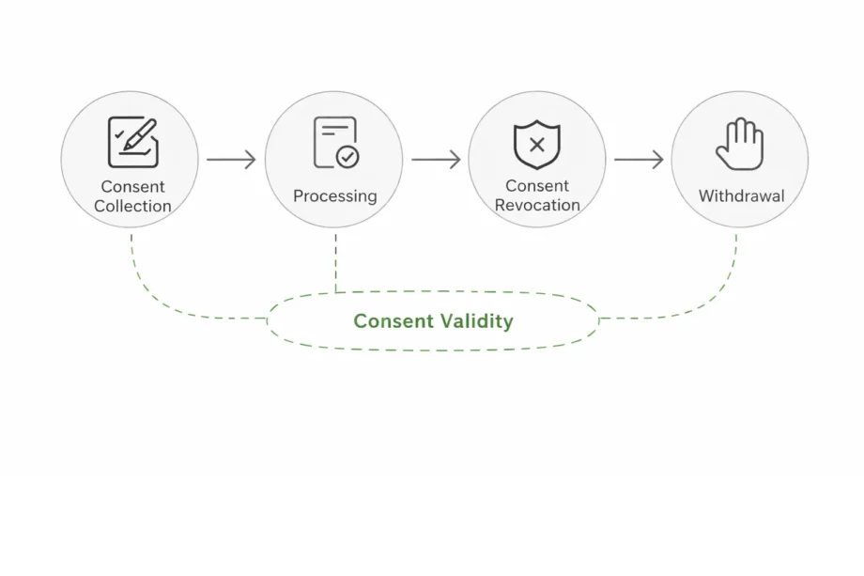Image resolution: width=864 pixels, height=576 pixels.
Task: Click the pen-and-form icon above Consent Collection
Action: click(x=132, y=142)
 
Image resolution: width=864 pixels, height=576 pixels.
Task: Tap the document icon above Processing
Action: click(x=335, y=143)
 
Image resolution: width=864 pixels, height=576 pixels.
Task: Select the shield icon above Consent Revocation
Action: click(x=537, y=145)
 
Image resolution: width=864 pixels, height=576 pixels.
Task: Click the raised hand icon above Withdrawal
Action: click(x=740, y=144)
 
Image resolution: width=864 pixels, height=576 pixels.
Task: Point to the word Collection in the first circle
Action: click(x=132, y=206)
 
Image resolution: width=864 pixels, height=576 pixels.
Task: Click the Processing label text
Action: click(x=334, y=196)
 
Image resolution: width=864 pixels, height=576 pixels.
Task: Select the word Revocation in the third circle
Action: click(x=537, y=205)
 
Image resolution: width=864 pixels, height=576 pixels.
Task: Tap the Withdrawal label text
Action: click(x=741, y=196)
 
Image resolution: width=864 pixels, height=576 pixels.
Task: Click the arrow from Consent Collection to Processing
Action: click(x=231, y=160)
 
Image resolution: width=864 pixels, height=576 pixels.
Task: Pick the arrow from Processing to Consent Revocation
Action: click(x=436, y=160)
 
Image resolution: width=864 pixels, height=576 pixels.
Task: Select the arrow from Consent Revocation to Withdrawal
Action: click(x=639, y=160)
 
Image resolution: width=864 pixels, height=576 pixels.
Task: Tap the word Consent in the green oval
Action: click(x=393, y=321)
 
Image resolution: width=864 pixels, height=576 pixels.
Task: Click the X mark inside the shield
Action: click(x=537, y=145)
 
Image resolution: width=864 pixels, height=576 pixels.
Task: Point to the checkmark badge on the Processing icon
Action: click(x=347, y=157)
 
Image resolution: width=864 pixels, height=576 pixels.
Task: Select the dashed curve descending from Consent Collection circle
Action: click(x=150, y=291)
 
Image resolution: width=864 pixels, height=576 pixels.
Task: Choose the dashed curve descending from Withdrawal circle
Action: click(x=718, y=291)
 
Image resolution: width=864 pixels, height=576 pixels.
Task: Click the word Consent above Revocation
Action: click(x=537, y=186)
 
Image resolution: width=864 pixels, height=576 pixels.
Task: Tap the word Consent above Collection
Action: click(x=132, y=187)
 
